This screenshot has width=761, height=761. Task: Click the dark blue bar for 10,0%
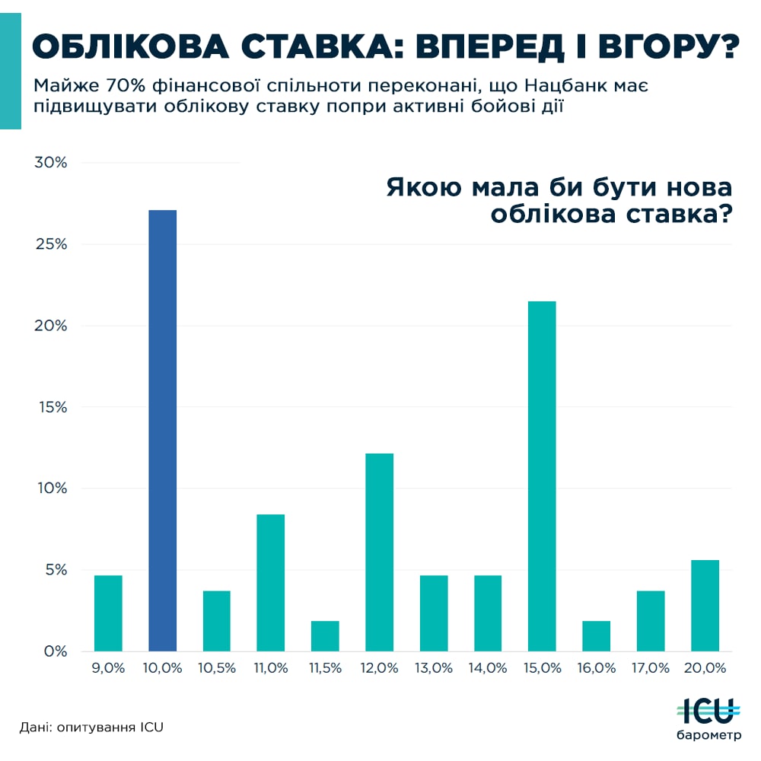coord(162,430)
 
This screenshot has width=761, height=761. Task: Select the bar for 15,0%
coord(542,476)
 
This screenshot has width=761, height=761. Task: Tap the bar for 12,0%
coord(379,552)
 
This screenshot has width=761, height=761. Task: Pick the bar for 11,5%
coord(325,636)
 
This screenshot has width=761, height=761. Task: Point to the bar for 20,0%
coord(705,605)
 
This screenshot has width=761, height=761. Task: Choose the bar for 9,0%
coord(108,613)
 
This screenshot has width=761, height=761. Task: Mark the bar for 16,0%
coord(596,636)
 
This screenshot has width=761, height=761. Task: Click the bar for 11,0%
coord(271,582)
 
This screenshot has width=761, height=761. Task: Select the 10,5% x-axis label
coord(217,668)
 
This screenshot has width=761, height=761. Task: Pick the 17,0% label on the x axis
coord(651,668)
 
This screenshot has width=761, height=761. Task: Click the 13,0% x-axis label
coord(434,668)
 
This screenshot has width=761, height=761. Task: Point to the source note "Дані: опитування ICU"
coord(91,727)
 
